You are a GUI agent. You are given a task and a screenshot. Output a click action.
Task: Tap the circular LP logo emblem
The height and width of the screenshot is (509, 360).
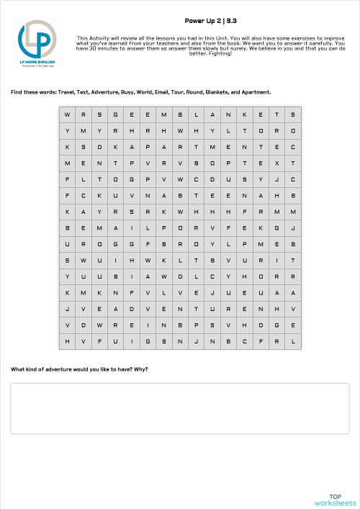click(x=37, y=40)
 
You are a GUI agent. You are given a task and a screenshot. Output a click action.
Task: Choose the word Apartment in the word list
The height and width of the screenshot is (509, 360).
click(x=256, y=92)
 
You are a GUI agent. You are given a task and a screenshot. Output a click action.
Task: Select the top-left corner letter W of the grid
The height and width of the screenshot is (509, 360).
click(x=67, y=114)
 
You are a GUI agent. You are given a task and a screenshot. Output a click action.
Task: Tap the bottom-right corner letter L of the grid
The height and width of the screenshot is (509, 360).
click(x=293, y=341)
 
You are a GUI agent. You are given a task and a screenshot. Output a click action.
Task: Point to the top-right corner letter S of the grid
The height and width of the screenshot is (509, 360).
click(x=293, y=114)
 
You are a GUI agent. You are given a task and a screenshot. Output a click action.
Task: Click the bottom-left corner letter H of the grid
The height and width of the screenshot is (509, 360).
click(x=67, y=341)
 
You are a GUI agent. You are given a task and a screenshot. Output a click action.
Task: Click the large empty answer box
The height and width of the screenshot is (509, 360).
click(x=180, y=408)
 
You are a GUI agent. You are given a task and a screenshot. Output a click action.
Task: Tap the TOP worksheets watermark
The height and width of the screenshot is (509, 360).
click(x=335, y=499)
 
